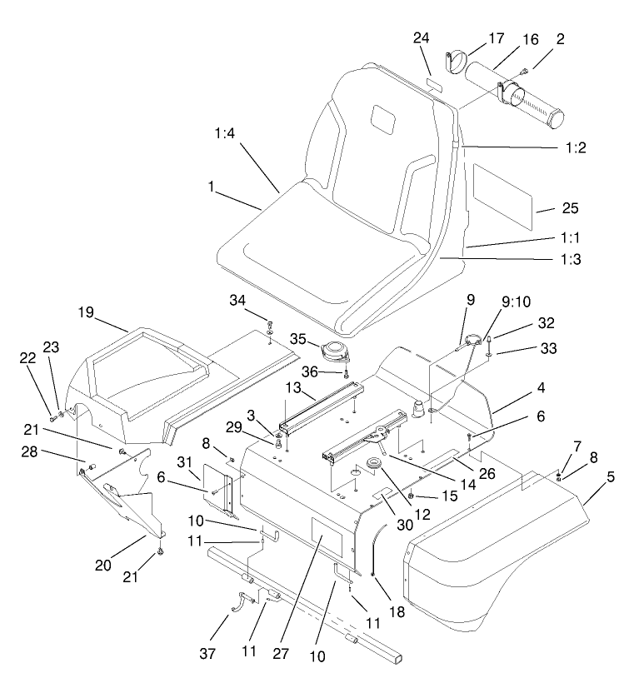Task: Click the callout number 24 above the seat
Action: click(422, 37)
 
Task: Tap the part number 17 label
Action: click(496, 37)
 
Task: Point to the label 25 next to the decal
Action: click(547, 207)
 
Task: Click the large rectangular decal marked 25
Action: click(502, 193)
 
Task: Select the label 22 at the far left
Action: click(27, 357)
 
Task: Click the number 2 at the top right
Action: click(561, 39)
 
